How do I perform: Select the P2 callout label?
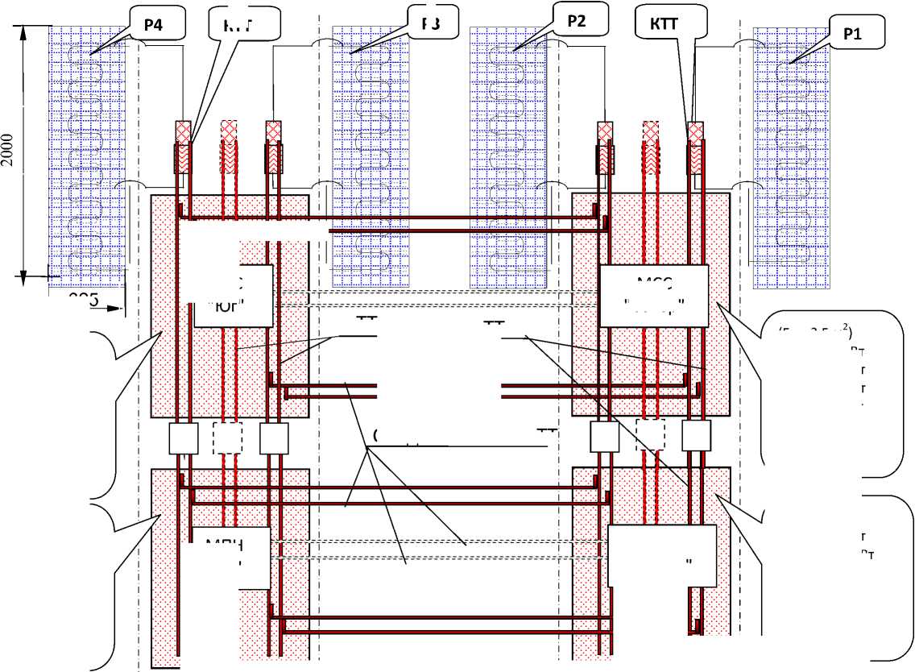coord(577,21)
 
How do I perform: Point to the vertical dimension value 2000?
coord(8,150)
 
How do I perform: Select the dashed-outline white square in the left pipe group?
coord(227,438)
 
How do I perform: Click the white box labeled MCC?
coord(653,296)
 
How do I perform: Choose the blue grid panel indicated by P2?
coord(507,156)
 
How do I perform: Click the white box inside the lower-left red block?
coord(232,558)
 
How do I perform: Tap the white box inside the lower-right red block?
coord(661,556)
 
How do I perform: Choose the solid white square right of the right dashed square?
coord(697,436)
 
